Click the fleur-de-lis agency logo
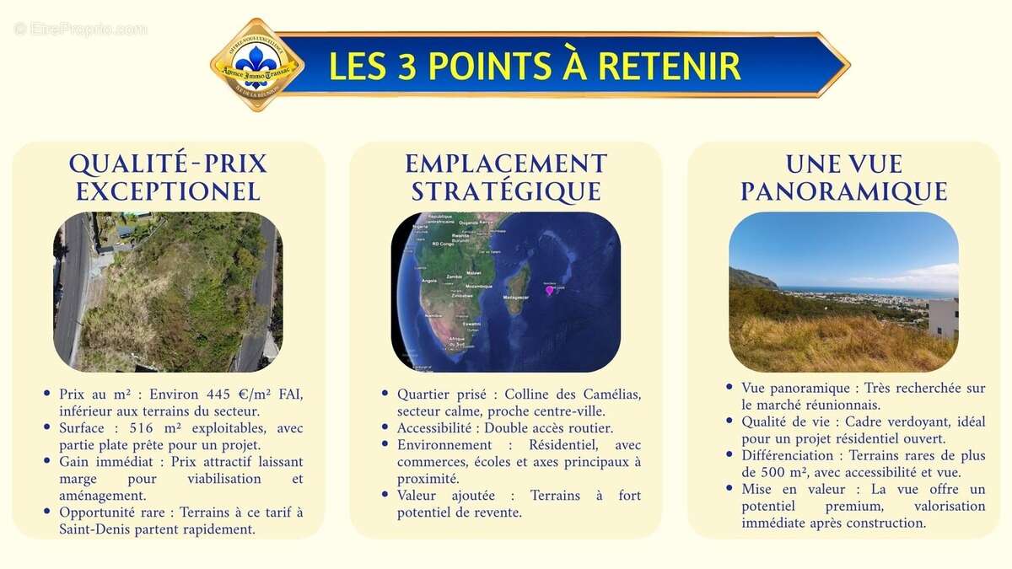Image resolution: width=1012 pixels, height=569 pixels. coord(256,64)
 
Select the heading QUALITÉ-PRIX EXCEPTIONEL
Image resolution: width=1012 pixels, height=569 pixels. coord(168,177)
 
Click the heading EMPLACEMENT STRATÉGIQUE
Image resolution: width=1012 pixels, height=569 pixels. coord(506,177)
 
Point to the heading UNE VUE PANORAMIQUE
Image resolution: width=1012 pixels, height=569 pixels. coord(843,177)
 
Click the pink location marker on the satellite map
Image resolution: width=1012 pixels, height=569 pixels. coord(550,290)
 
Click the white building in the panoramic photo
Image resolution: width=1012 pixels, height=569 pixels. coord(943,318)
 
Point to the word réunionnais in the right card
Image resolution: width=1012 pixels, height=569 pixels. coord(844,405)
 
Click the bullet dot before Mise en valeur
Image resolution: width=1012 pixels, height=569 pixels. coord(729,488)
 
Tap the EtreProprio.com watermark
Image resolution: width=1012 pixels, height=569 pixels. coord(81,30)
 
